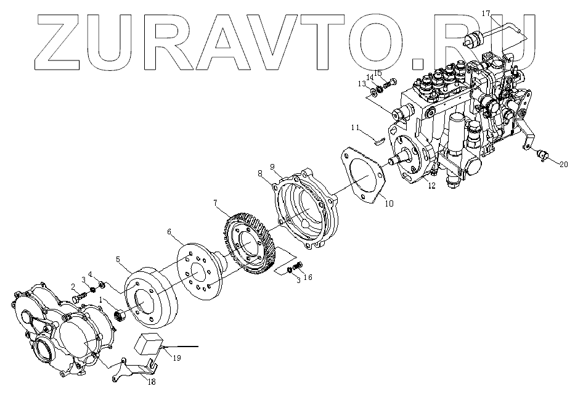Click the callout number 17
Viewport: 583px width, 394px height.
click(x=486, y=13)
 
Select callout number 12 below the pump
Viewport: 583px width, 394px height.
click(x=432, y=185)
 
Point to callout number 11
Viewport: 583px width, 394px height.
click(x=355, y=128)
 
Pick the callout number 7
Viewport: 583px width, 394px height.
click(x=216, y=203)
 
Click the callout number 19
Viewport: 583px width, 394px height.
click(x=176, y=357)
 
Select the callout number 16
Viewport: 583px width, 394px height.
click(x=308, y=277)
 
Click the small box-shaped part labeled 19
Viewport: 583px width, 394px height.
click(x=152, y=345)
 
